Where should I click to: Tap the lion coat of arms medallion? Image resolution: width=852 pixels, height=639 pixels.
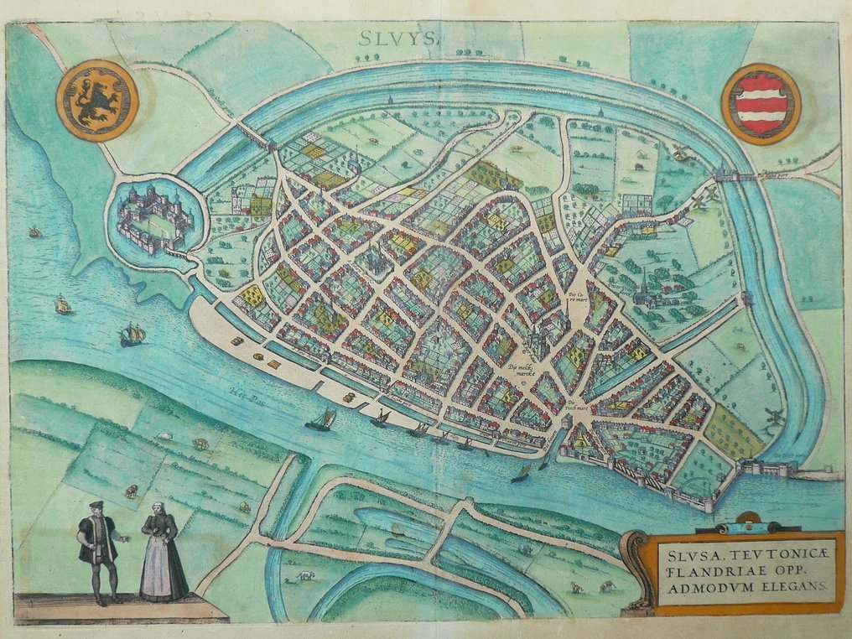click(97, 100)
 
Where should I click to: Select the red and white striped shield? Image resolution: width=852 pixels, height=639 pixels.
click(761, 104)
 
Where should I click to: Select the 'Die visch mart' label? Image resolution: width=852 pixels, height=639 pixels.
click(574, 406)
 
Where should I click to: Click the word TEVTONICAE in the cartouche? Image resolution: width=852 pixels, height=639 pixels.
click(752, 553)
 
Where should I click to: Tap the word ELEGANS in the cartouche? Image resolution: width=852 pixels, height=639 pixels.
click(791, 588)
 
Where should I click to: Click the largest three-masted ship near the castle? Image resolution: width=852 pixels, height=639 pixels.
click(132, 334)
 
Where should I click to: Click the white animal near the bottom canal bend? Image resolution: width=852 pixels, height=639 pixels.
click(304, 578)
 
